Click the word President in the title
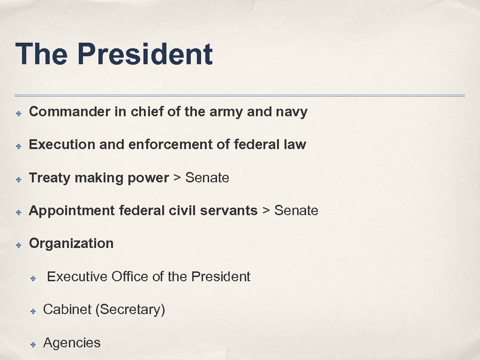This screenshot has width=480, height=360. pos(145,54)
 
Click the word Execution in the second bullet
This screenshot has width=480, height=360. pos(62,145)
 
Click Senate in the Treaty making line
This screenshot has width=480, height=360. pos(207,178)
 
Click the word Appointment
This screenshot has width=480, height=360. pos(72,211)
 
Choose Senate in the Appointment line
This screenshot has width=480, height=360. pos(296,211)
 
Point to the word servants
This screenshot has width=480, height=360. pos(229,211)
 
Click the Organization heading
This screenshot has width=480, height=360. pos(71,244)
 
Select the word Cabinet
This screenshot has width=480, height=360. pos(67,310)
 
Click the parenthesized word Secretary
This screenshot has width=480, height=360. pos(130,310)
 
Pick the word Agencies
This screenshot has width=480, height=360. pos(72,343)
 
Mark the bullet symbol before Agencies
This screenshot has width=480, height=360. pos(33,345)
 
